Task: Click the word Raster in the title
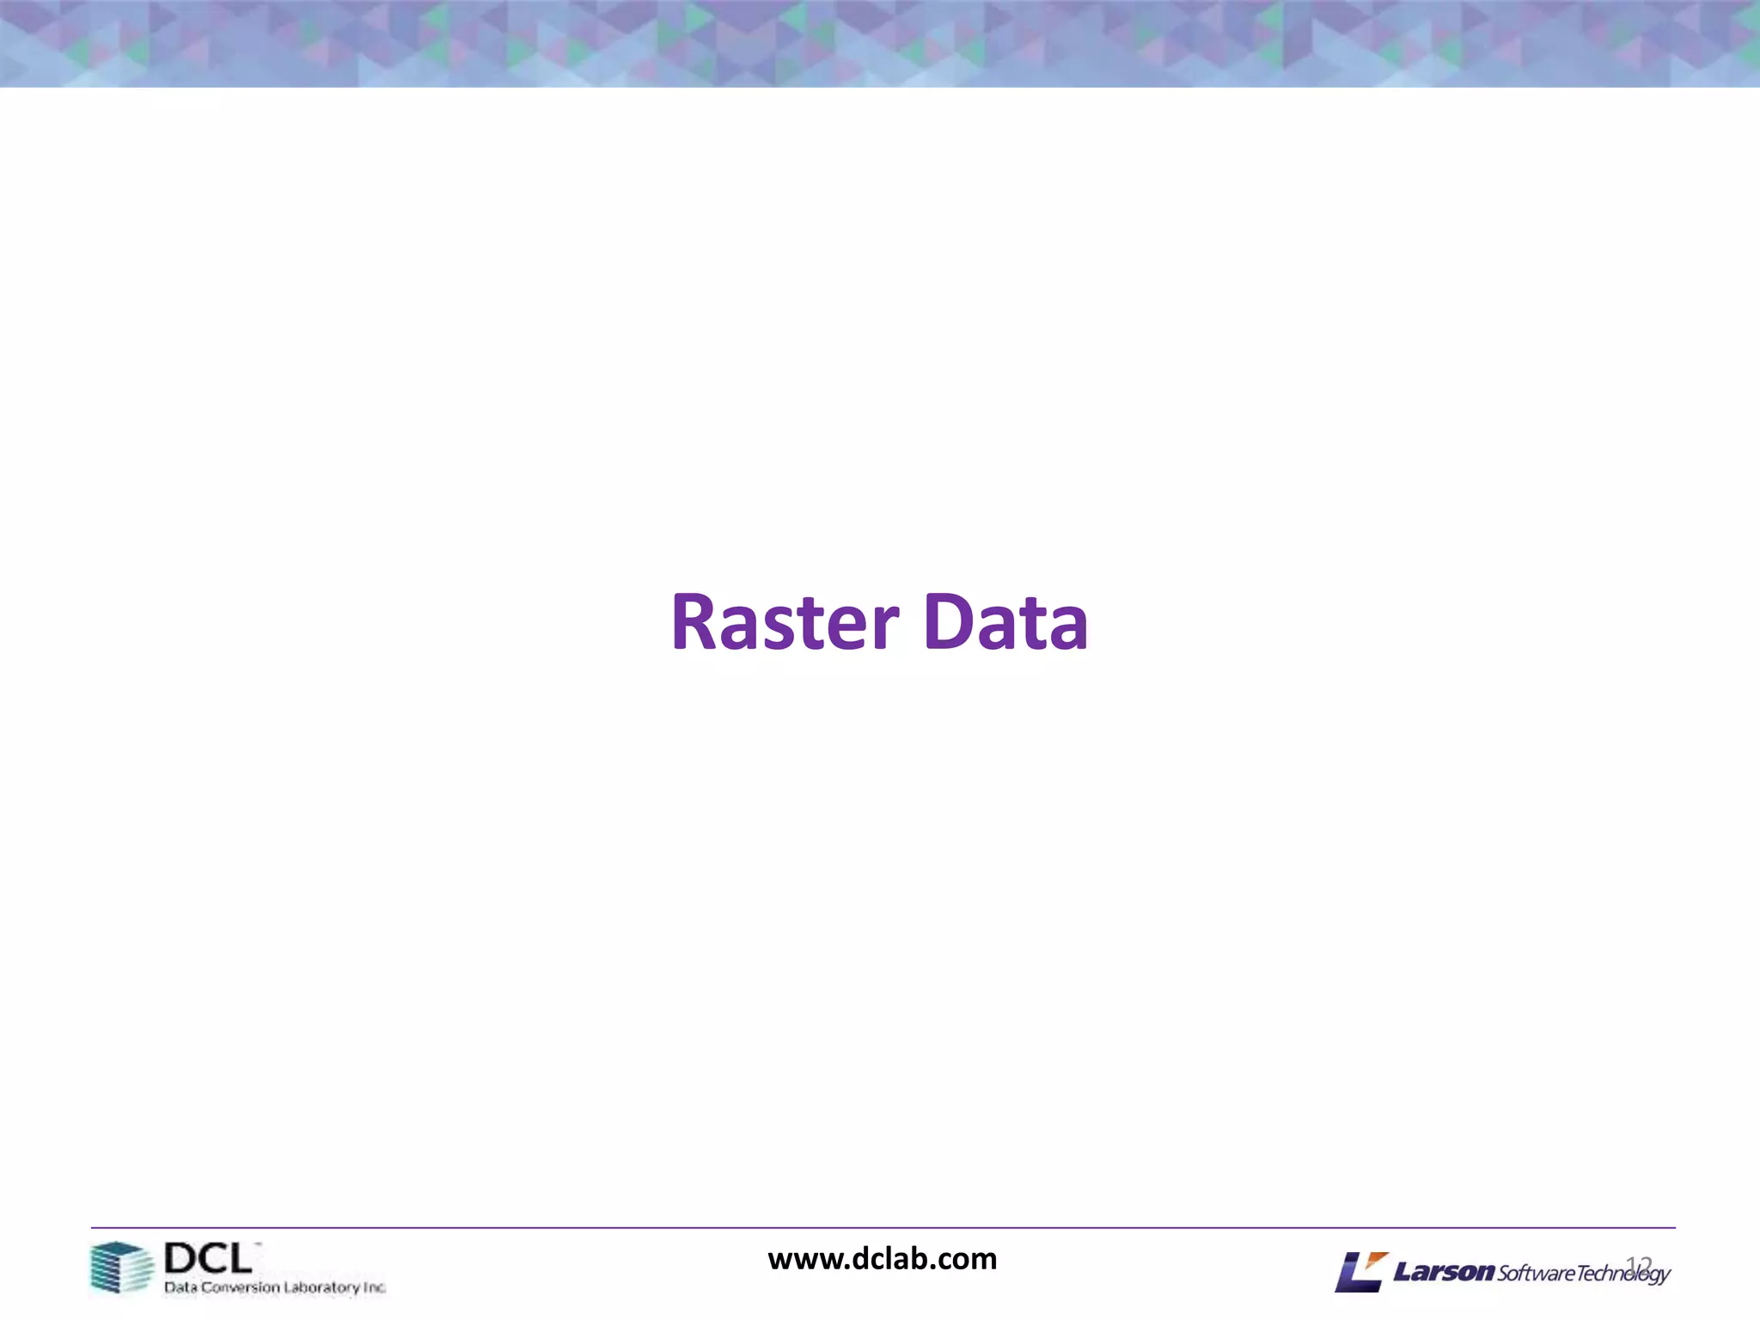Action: coord(785,622)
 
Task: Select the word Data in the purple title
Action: coord(1005,622)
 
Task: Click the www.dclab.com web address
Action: coord(882,1259)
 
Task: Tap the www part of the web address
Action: coord(804,1261)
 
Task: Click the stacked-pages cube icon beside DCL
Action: coord(121,1268)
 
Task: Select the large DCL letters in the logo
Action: coord(208,1259)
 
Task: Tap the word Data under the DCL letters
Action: coord(180,1287)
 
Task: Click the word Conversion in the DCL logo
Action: coord(241,1287)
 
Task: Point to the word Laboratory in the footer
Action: coord(321,1287)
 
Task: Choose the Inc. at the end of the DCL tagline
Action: coord(375,1287)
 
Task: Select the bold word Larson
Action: coord(1444,1272)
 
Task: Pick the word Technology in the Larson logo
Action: coord(1622,1274)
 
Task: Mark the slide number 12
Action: coord(1639,1263)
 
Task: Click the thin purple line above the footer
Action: coord(882,1227)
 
